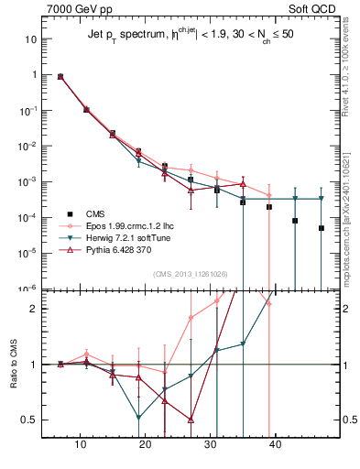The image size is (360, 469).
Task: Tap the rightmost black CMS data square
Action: pyautogui.click(x=322, y=229)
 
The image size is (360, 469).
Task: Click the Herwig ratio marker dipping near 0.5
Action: pyautogui.click(x=138, y=418)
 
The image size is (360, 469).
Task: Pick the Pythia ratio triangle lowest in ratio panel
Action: pyautogui.click(x=191, y=420)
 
